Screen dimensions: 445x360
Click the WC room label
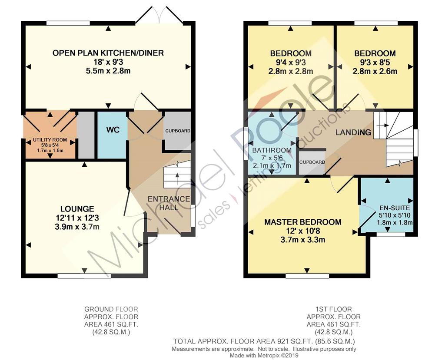113,130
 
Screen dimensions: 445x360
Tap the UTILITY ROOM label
50,139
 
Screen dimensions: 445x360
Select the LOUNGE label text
77,209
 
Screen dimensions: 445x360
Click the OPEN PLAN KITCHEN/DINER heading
108,53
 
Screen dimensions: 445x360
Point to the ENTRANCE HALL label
169,203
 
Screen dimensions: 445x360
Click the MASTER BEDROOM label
303,222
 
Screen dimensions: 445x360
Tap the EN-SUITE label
395,208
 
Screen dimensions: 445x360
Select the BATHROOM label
272,150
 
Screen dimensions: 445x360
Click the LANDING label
353,132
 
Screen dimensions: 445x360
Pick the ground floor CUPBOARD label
178,131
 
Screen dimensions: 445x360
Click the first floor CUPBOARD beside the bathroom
312,162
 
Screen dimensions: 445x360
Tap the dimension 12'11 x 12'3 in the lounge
77,218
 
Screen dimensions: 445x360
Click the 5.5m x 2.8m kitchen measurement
108,71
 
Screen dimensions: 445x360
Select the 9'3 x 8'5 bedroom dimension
375,62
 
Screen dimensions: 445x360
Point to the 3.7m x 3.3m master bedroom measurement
303,240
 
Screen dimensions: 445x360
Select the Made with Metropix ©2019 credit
264,355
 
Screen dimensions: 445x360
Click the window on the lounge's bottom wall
84,275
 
